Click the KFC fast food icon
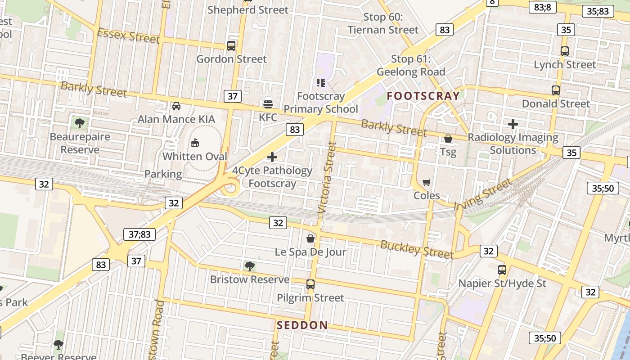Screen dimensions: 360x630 point(268,104)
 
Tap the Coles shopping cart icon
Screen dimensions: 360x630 point(426,182)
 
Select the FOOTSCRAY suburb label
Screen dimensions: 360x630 point(423,95)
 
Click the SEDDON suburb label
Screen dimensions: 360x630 point(302,325)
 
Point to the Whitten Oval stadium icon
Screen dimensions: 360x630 point(195,143)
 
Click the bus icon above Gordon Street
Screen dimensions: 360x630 point(231,45)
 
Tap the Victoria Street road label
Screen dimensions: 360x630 point(328,177)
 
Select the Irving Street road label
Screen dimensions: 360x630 point(483,194)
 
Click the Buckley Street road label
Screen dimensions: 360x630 point(417,249)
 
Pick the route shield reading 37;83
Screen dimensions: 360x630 point(139,234)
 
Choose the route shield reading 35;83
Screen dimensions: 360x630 point(598,11)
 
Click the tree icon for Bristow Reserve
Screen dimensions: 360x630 point(250,266)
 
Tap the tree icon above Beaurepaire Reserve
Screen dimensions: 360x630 point(80,123)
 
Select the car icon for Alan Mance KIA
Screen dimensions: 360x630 point(176,106)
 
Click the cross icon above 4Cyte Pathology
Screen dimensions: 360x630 point(272,157)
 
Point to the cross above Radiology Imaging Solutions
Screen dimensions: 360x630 point(513,124)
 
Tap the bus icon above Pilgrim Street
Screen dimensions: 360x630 point(310,284)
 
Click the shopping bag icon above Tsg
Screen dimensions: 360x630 point(448,139)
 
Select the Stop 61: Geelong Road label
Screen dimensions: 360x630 point(411,65)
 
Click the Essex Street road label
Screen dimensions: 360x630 point(128,36)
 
